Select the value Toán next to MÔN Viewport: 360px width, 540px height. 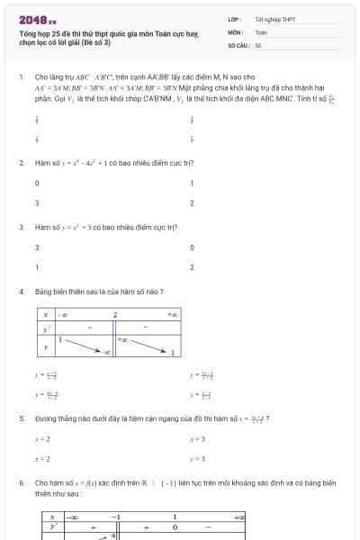(261, 31)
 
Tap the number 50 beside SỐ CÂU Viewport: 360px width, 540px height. (258, 44)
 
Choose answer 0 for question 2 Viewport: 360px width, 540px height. (37, 183)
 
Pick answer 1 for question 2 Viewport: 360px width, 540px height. (192, 183)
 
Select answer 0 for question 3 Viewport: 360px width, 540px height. (192, 247)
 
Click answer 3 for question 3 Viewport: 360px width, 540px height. (37, 247)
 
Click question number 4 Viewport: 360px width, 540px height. (21, 292)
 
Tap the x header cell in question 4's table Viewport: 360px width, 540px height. (45, 314)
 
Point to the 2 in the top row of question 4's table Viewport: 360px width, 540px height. (114, 314)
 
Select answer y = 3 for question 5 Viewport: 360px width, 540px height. (197, 459)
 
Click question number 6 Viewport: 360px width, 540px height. (21, 482)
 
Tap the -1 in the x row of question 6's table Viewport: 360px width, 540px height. (114, 517)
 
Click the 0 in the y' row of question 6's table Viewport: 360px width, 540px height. (199, 527)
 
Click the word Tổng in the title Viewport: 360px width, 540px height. (28, 32)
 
